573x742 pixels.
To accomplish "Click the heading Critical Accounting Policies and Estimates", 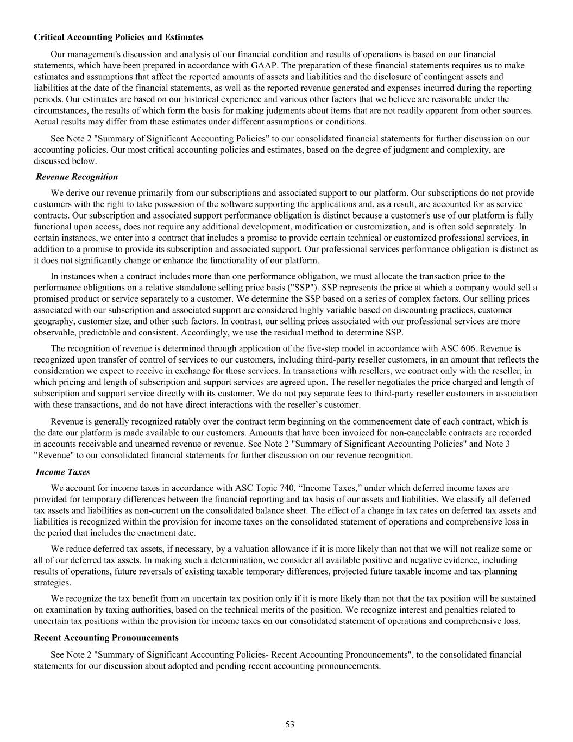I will click(118, 38).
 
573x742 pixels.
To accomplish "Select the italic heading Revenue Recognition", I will click(77, 177).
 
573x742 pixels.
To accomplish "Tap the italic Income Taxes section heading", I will click(63, 472).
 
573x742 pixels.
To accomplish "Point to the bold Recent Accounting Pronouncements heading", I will click(106, 637).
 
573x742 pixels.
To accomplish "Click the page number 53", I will click(290, 724).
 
